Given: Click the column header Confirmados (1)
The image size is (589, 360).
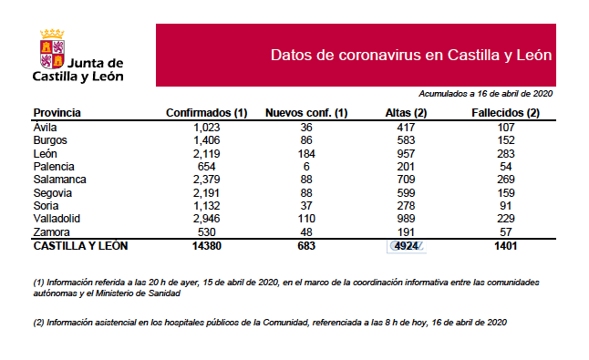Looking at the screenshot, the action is [207, 113].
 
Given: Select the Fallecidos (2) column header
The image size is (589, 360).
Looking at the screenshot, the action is [506, 113].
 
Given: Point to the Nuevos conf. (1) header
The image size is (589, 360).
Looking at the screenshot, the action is [306, 113].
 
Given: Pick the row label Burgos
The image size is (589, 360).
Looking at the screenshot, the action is [51, 141].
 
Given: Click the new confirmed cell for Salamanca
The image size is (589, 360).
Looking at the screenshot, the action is [306, 180].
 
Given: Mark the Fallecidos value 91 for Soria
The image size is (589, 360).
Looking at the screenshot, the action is [506, 207].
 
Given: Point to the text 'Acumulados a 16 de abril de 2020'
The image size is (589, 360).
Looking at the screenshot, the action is [486, 93].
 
